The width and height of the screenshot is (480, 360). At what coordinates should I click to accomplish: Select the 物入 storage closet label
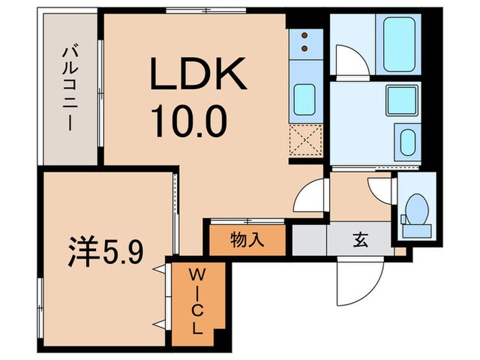[246, 240]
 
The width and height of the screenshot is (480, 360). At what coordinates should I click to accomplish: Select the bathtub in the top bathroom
[402, 43]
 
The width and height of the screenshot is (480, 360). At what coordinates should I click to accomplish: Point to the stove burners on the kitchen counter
[302, 43]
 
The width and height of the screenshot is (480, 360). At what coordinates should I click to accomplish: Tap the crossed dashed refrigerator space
[303, 143]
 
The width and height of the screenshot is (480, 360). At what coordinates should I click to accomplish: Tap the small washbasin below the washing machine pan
[407, 145]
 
